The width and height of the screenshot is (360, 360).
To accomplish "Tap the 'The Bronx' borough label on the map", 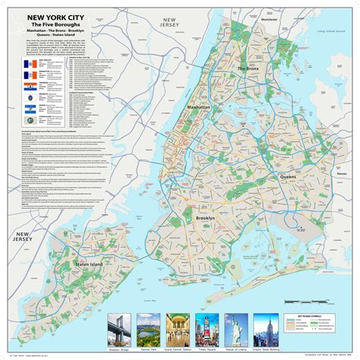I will point(248,69).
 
